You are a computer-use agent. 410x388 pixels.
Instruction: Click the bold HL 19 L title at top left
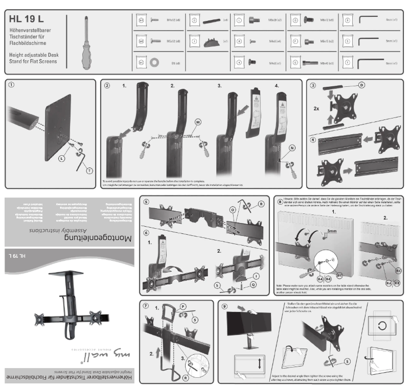[26, 19]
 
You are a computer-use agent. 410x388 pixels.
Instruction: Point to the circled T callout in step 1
[90, 170]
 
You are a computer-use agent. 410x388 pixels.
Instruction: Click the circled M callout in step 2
[198, 123]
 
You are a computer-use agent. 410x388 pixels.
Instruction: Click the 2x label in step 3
[316, 109]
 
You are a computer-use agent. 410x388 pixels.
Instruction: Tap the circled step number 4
[313, 139]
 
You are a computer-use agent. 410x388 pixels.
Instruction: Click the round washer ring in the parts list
[153, 63]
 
